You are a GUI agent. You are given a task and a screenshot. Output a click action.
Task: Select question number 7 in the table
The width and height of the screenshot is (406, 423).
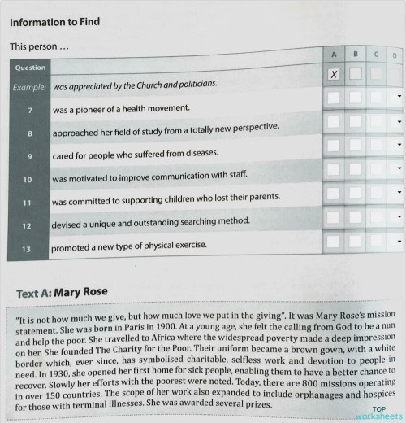pyautogui.click(x=29, y=107)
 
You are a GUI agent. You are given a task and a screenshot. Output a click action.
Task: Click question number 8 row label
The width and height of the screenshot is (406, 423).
pyautogui.click(x=29, y=130)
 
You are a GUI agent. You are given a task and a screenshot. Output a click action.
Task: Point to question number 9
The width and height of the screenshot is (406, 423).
pyautogui.click(x=29, y=154)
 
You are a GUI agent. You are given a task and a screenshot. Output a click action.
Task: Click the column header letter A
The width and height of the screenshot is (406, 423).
pyautogui.click(x=334, y=53)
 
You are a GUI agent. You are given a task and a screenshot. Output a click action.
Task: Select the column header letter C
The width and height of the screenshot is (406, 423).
pyautogui.click(x=376, y=54)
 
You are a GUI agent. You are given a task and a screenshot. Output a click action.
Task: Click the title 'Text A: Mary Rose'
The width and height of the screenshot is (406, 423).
pyautogui.click(x=63, y=292)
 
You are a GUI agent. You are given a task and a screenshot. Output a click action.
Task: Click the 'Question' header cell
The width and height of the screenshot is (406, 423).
pyautogui.click(x=30, y=67)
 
